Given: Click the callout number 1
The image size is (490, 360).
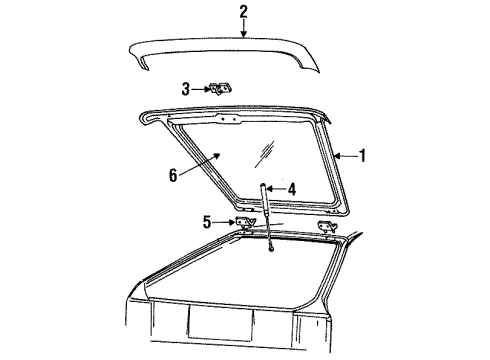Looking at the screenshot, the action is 362,155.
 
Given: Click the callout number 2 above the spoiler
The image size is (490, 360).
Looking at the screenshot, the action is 243,11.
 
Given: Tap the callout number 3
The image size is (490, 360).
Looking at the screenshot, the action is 185,88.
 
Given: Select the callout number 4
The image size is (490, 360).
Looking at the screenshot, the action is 291,188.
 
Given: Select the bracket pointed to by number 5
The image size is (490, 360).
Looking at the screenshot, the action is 242,224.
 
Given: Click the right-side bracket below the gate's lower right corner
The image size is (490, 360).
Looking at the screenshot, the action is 327,229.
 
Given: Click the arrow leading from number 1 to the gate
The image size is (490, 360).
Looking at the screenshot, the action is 346,155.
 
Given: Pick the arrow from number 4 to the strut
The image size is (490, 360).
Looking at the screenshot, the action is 277,188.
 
